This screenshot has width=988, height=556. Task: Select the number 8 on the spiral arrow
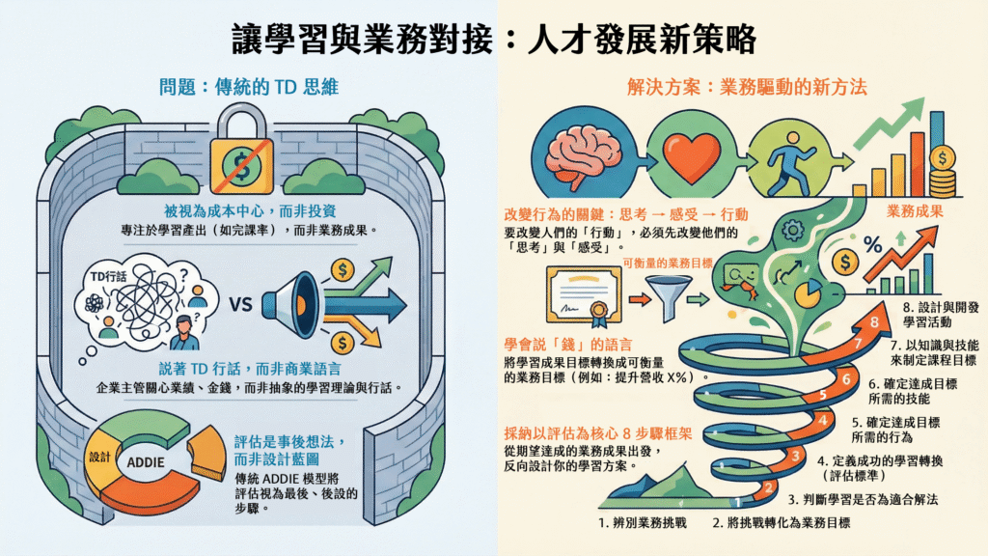click(x=873, y=322)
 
